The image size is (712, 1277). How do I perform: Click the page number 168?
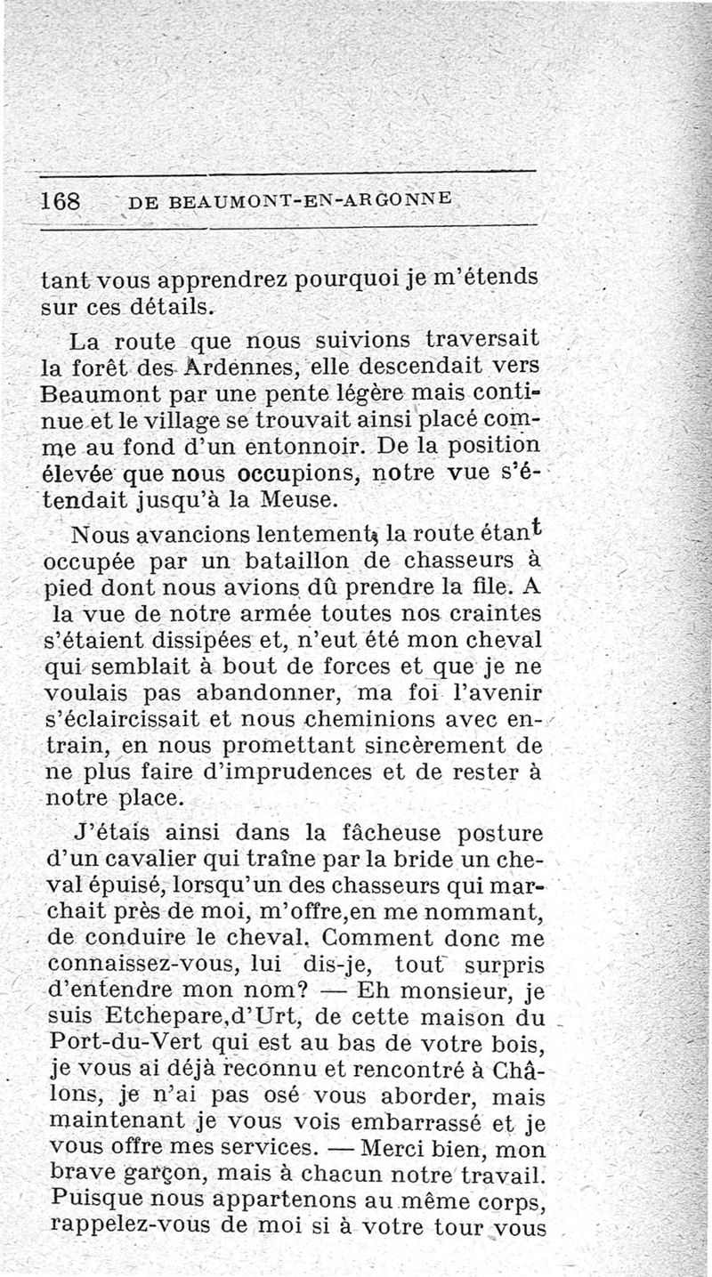[61, 200]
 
